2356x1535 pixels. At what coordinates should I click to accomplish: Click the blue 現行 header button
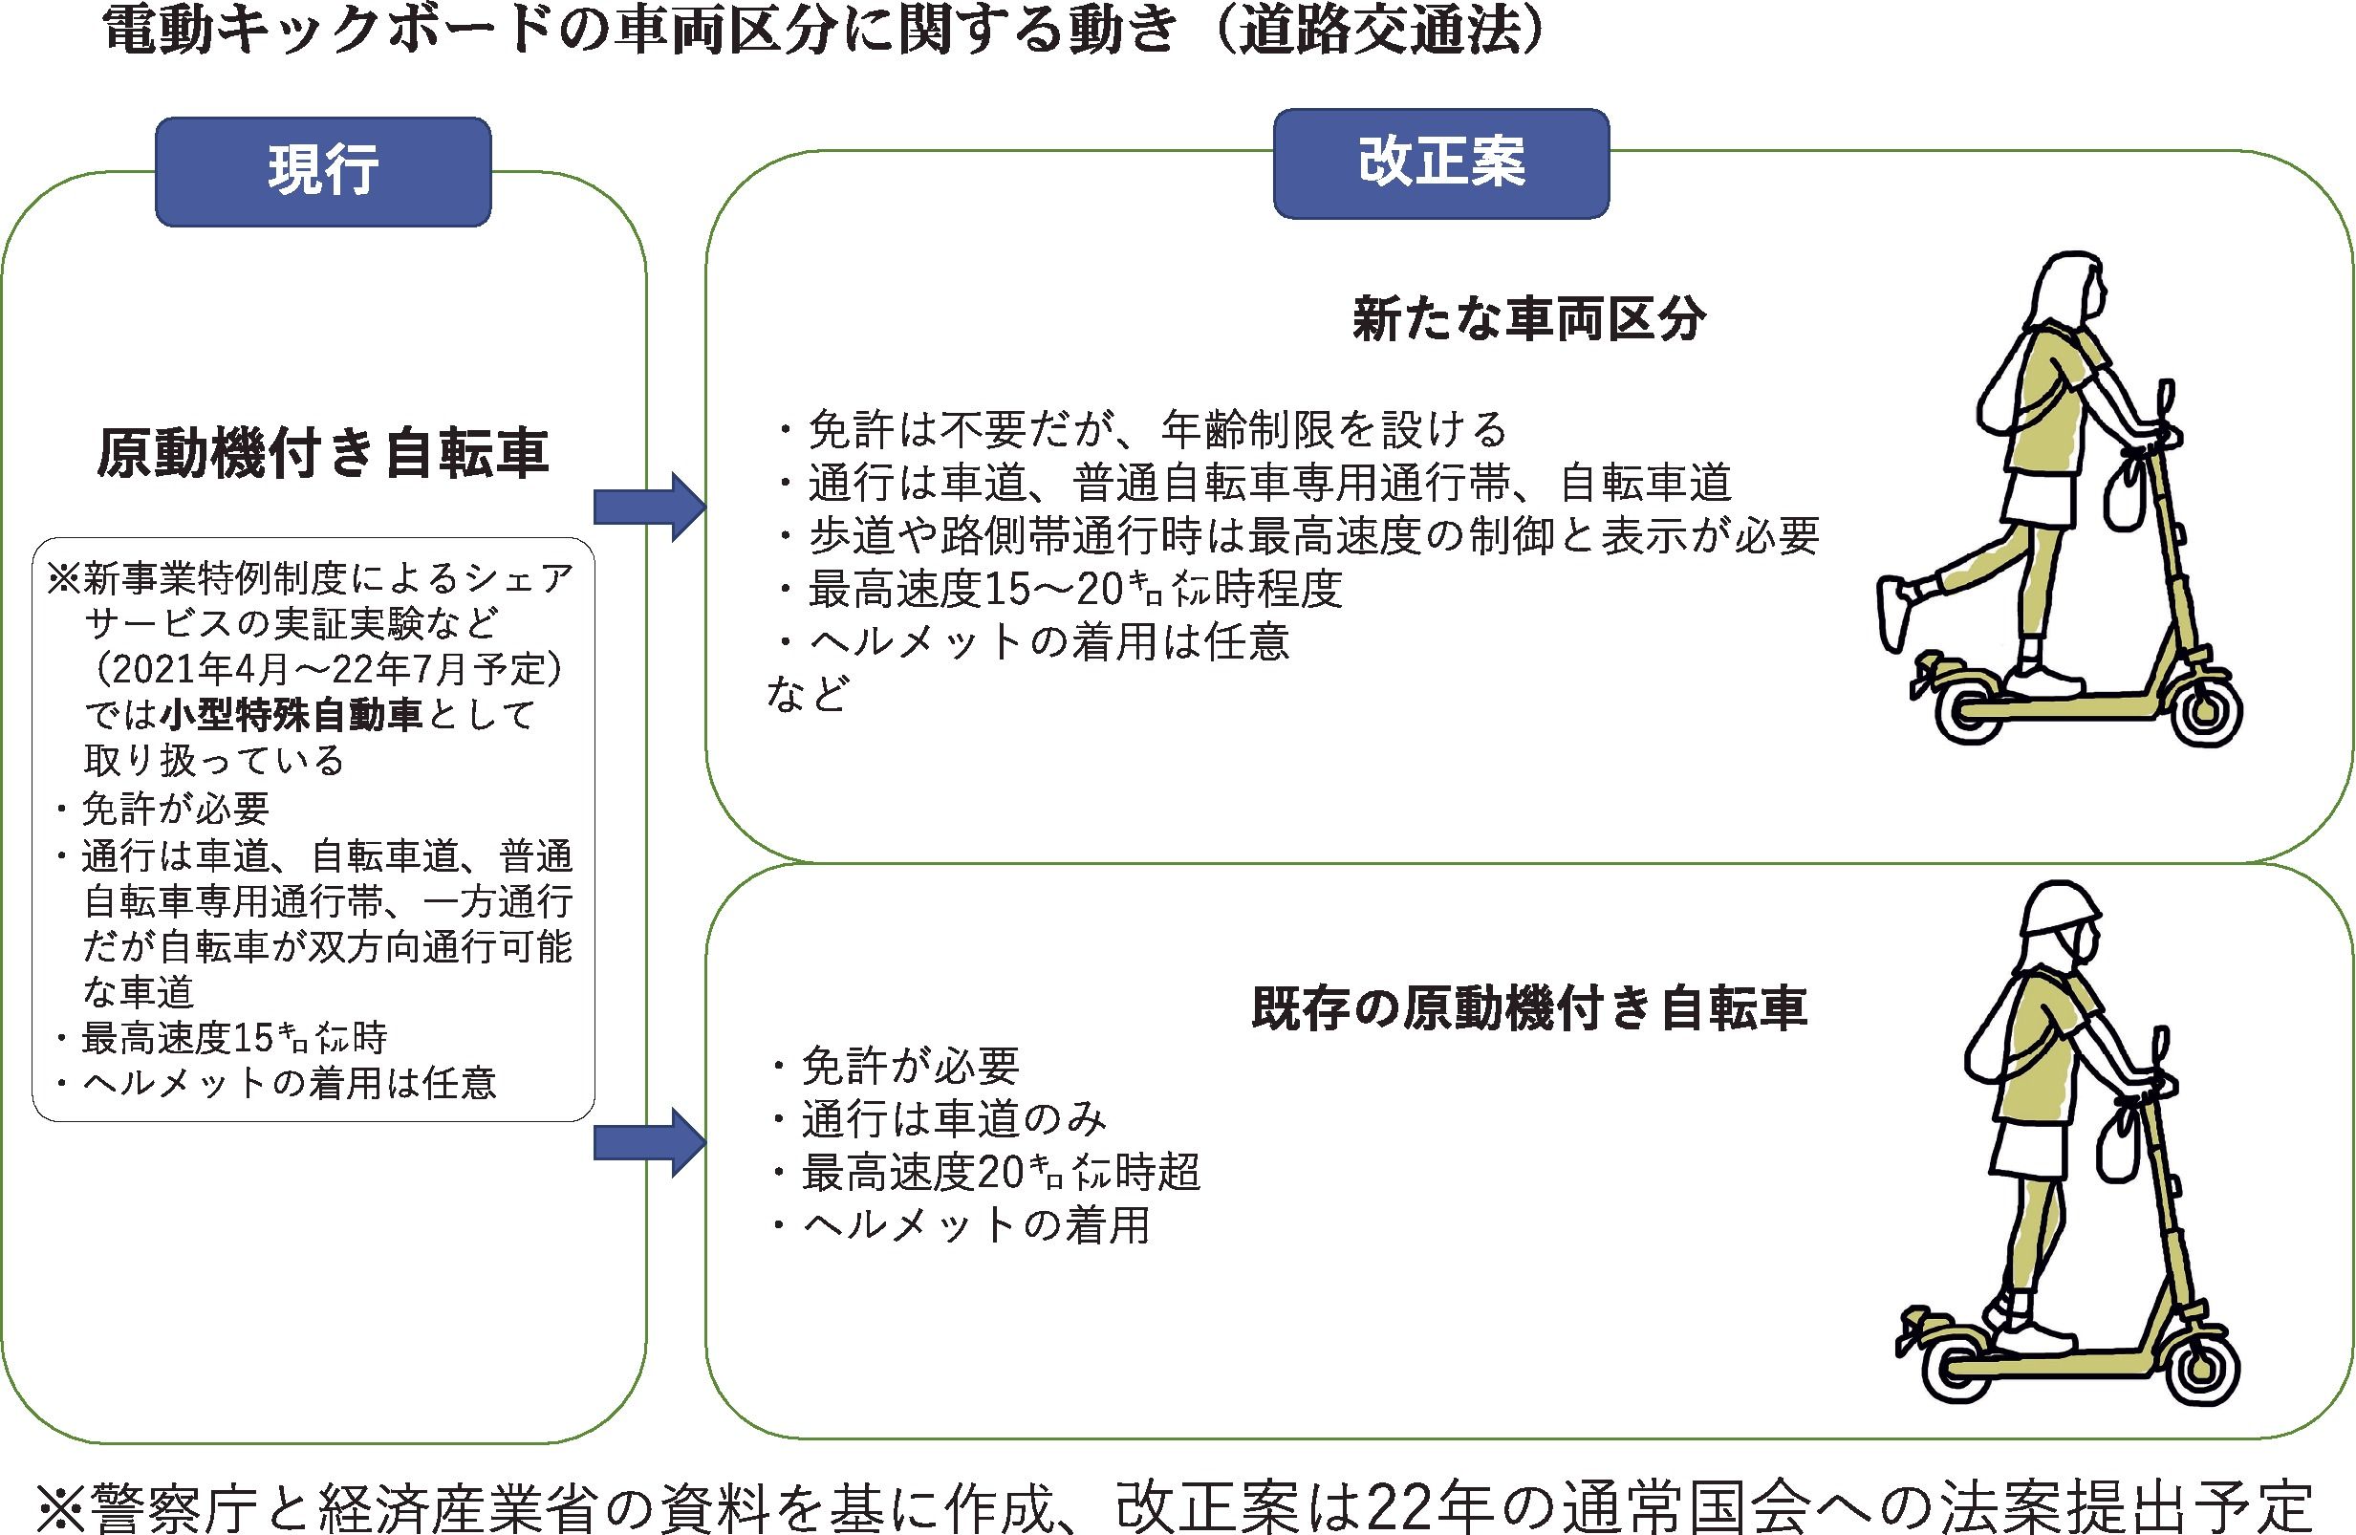(x=323, y=171)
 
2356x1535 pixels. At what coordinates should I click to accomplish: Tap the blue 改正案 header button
(x=1440, y=163)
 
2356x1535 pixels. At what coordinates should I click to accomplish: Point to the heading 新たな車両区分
(x=1528, y=319)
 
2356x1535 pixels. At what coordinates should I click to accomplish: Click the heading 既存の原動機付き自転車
(x=1528, y=1008)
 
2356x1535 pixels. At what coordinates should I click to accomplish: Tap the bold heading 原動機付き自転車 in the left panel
(x=323, y=453)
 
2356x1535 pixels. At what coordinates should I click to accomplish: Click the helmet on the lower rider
(x=2059, y=908)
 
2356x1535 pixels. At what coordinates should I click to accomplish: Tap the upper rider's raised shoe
(x=1892, y=614)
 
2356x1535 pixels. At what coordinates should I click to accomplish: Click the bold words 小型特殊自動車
(x=293, y=715)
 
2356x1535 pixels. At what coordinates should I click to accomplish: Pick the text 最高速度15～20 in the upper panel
(x=964, y=590)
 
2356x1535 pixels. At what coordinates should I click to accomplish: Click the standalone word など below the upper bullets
(x=806, y=694)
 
